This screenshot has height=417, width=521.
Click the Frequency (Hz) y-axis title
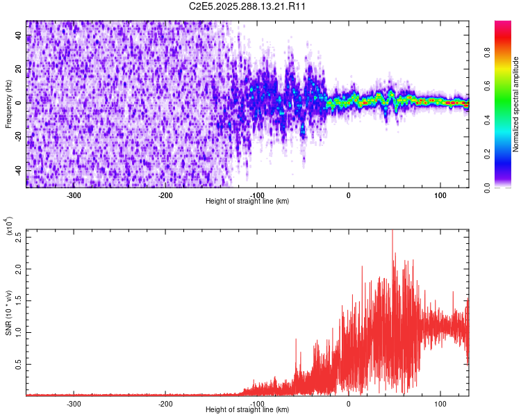tap(8, 104)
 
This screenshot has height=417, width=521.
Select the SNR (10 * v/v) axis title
tap(8, 312)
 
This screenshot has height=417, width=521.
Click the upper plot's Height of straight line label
tap(247, 201)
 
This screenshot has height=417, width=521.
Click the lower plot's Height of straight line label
tap(247, 409)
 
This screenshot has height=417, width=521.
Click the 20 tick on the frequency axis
tap(19, 69)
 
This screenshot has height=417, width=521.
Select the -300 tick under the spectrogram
tap(74, 195)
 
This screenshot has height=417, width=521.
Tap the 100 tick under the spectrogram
tap(440, 195)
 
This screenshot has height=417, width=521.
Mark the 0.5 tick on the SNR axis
tap(19, 363)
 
